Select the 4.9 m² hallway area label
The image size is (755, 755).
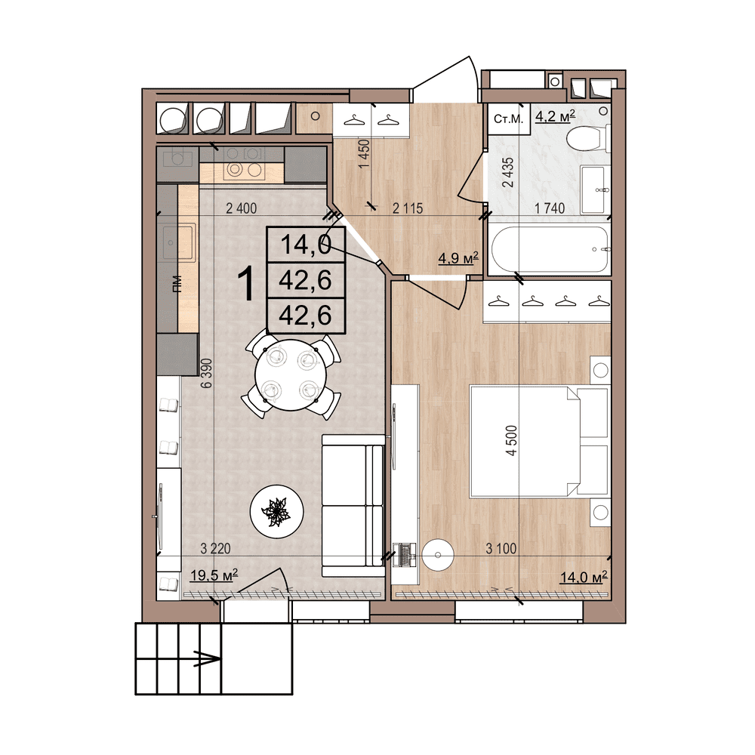459,260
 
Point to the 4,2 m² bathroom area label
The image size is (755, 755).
555,116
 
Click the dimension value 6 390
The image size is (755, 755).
205,373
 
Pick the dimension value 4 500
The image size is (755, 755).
513,440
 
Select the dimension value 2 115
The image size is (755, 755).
407,210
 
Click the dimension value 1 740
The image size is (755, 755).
550,210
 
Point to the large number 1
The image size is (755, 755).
245,284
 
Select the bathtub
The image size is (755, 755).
549,250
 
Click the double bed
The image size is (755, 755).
539,441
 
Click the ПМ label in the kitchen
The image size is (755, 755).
177,284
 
